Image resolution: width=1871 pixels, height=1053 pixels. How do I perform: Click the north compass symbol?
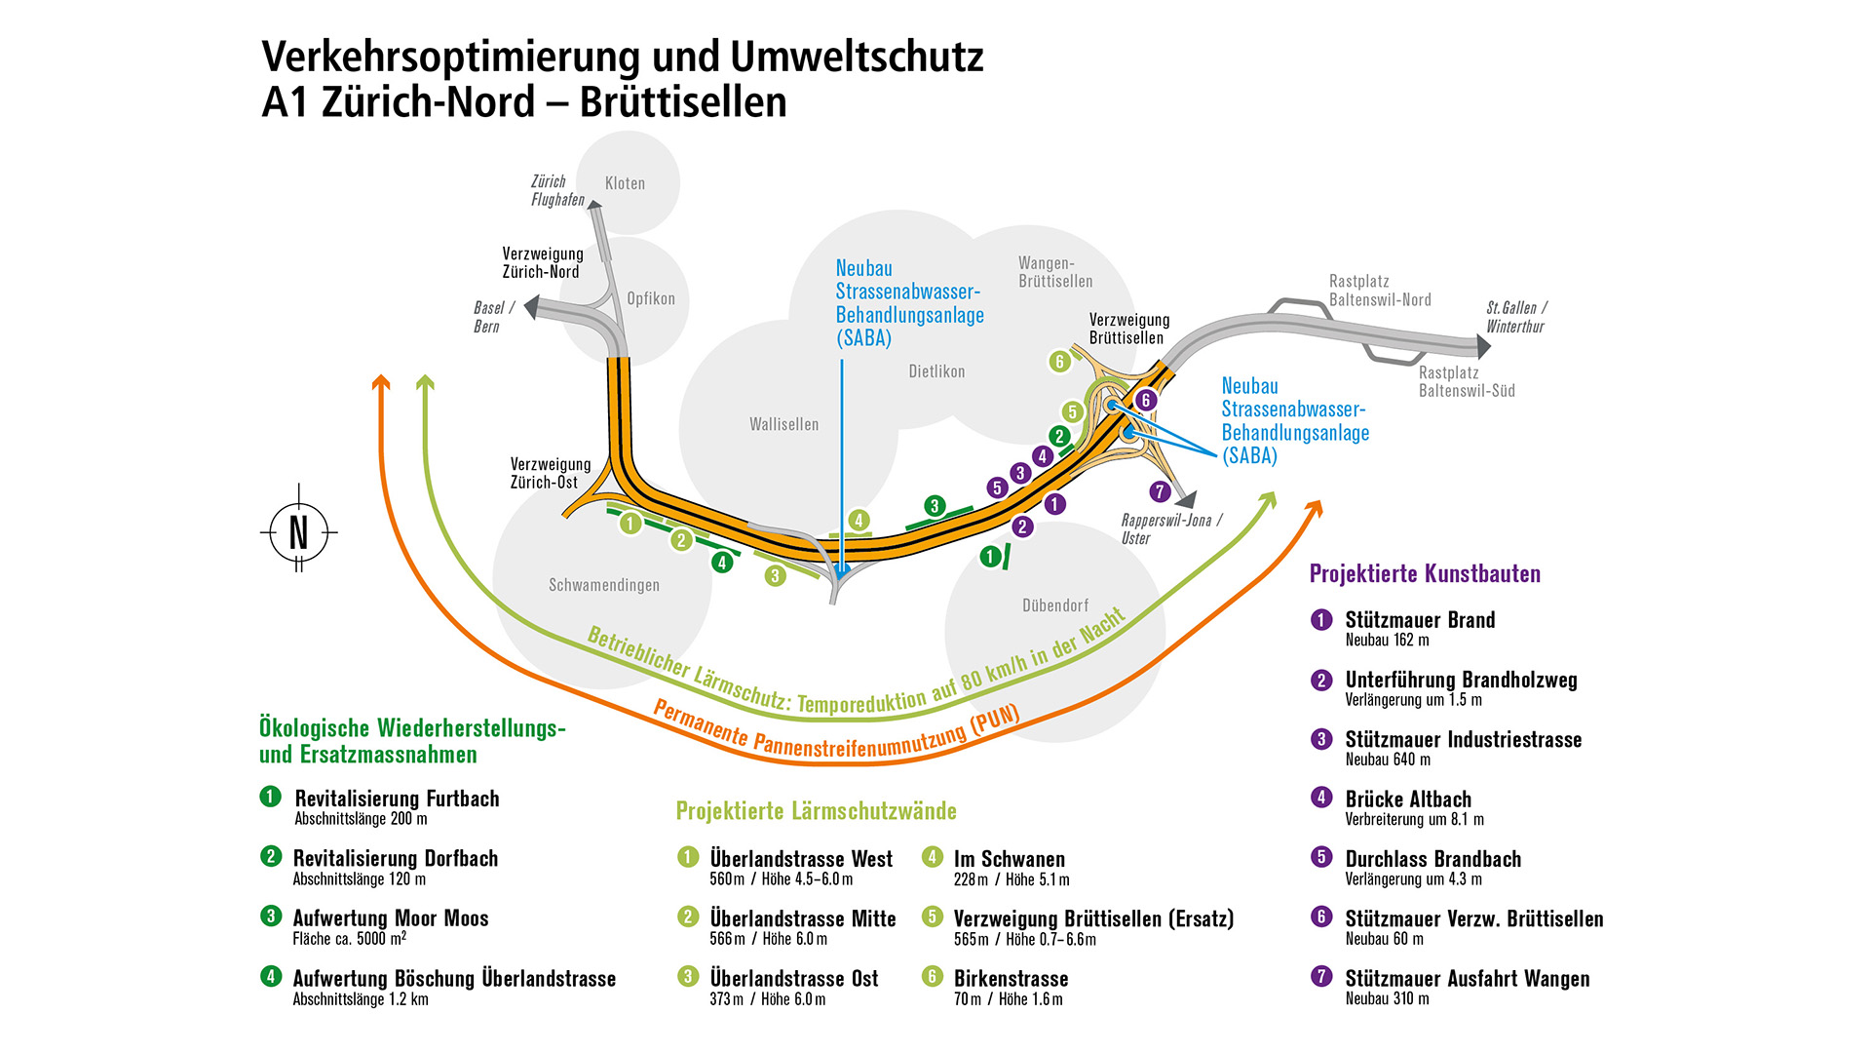[298, 532]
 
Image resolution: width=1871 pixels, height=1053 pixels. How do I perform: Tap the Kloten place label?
[625, 183]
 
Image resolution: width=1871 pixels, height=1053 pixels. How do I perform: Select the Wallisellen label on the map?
[783, 424]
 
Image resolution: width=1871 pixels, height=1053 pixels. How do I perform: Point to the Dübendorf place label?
[1054, 605]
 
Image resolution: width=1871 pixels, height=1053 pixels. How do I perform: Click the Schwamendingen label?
[603, 585]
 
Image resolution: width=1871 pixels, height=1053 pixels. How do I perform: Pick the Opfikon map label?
[650, 298]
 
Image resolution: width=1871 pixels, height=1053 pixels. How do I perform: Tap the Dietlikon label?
[936, 371]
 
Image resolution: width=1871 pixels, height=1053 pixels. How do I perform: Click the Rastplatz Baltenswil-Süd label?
[1466, 381]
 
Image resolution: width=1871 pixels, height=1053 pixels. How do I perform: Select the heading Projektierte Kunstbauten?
[1425, 573]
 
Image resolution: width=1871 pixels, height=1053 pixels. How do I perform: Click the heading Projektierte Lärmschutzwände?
[816, 811]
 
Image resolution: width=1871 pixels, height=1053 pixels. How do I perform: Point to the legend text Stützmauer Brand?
[1419, 620]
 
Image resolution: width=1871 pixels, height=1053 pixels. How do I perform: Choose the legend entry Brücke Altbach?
[1408, 799]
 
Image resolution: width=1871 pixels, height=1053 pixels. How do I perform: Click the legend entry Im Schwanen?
[1009, 859]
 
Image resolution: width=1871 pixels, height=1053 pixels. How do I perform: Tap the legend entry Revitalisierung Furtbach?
[397, 799]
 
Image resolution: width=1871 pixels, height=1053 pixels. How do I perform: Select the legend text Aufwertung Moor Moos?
[391, 918]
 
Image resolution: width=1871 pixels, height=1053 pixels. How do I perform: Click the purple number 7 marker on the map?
[1159, 491]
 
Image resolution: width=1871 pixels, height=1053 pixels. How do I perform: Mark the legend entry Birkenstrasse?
[1011, 979]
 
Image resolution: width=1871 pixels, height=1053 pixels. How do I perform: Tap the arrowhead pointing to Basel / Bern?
[531, 308]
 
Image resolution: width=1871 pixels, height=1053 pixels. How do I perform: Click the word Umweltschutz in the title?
[857, 57]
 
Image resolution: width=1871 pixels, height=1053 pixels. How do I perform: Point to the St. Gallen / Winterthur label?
[1515, 317]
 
